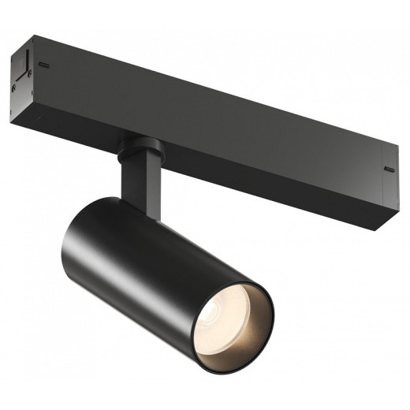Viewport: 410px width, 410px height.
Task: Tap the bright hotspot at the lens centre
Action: (234, 315)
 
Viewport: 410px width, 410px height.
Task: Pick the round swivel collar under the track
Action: (142, 147)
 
